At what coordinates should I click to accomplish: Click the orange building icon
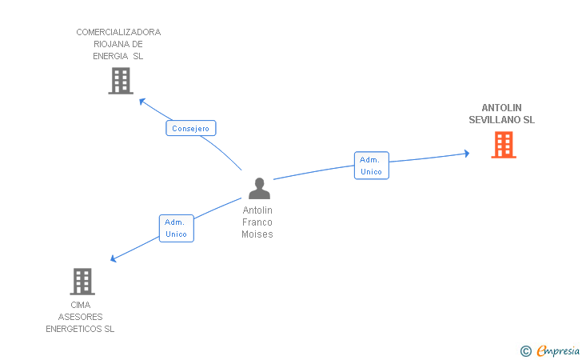click(504, 145)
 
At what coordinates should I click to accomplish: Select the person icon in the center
click(259, 188)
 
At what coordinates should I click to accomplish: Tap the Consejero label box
click(191, 128)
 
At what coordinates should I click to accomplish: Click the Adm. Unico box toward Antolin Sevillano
click(372, 166)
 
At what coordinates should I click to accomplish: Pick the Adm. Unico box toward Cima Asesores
click(177, 228)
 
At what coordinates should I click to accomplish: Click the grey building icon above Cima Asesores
click(82, 282)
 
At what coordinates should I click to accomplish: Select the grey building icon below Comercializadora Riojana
click(121, 81)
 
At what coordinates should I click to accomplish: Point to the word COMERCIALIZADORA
click(118, 32)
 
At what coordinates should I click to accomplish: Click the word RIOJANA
click(109, 44)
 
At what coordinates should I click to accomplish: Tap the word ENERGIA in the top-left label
click(110, 56)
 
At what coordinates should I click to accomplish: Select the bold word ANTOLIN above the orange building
click(501, 108)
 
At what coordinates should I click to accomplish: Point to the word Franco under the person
click(257, 222)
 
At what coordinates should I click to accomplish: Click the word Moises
click(257, 234)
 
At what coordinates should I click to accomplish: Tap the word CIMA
click(81, 305)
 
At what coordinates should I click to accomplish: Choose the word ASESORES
click(80, 317)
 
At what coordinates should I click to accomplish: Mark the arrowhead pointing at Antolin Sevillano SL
click(467, 154)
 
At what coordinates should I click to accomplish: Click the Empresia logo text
click(558, 351)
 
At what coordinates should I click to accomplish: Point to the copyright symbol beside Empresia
click(525, 351)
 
